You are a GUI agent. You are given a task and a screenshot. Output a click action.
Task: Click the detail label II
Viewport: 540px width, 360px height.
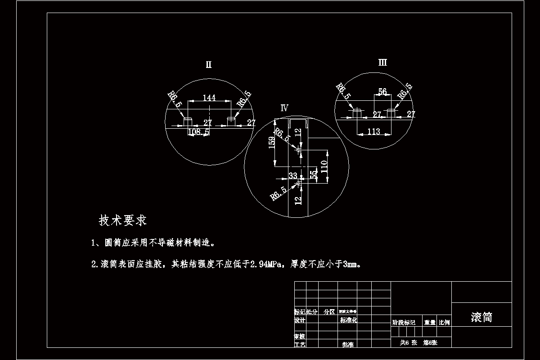(208, 65)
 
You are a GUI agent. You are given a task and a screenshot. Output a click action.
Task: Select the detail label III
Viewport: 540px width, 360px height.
(382, 63)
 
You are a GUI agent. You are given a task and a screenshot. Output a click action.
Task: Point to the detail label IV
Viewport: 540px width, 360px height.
(284, 108)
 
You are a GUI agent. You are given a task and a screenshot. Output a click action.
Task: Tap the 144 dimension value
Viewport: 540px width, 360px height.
(209, 98)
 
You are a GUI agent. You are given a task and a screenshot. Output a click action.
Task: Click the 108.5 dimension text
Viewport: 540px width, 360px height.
(198, 132)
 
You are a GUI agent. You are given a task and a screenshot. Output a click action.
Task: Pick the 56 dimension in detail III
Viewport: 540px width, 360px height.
(382, 92)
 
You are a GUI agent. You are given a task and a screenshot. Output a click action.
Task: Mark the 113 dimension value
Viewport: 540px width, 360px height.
(373, 131)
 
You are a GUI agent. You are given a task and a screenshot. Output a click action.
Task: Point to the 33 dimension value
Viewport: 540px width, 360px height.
(293, 175)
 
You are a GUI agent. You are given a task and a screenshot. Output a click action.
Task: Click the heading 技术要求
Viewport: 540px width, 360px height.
(123, 220)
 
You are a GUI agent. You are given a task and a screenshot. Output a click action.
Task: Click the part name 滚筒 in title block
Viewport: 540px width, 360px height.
(481, 317)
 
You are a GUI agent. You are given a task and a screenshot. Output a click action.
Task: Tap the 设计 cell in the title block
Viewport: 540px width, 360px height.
(300, 320)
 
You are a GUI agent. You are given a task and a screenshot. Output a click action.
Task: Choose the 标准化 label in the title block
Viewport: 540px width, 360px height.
(348, 320)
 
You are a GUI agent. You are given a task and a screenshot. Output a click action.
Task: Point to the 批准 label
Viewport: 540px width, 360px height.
(348, 345)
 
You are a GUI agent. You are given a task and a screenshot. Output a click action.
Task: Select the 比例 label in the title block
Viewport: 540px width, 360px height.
(444, 323)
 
